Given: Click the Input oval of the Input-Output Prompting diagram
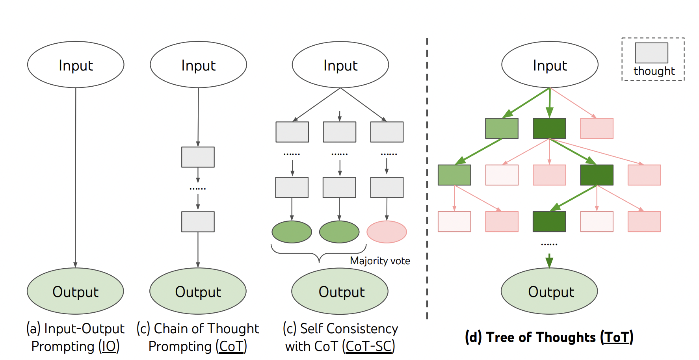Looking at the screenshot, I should click(76, 65).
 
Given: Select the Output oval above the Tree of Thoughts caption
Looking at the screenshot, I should click(549, 291).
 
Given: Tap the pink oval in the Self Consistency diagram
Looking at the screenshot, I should click(387, 232).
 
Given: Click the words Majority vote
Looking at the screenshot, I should click(380, 261).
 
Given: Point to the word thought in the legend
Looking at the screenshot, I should click(654, 71).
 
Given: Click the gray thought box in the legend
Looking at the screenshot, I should click(651, 53).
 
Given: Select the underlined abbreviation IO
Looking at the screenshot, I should click(109, 346).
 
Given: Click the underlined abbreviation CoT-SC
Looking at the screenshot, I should click(368, 346).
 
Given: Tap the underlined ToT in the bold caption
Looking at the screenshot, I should click(617, 337).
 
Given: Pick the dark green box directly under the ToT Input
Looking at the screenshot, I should click(549, 128).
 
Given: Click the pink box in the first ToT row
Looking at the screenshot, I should click(597, 128).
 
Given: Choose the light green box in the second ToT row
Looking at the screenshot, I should click(454, 175).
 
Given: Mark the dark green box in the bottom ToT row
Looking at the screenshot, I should click(549, 221).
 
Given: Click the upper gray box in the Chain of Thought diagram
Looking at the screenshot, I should click(198, 157).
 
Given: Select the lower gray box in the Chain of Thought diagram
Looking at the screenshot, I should click(198, 222).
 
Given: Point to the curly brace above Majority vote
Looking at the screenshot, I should click(319, 254).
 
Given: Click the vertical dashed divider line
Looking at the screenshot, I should click(427, 177).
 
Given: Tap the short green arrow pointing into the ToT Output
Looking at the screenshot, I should click(549, 261).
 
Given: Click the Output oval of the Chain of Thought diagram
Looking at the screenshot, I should click(198, 291).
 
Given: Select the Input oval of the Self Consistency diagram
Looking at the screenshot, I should click(340, 65).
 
